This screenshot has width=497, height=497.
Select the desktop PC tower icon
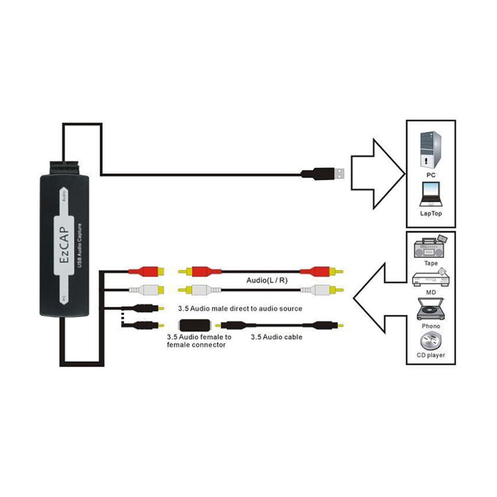coord(430,149)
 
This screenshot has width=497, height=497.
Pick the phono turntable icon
coord(431,309)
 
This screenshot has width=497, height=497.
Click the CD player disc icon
coord(431,341)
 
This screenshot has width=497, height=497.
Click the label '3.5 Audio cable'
coord(277,336)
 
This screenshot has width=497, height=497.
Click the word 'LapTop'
coord(431,213)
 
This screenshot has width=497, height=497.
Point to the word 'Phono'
coord(431,326)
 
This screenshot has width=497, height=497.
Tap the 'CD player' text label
coord(431,355)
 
